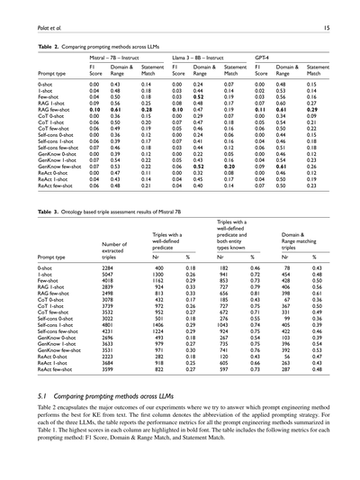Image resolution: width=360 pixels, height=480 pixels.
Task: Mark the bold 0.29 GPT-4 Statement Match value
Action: [315, 107]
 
